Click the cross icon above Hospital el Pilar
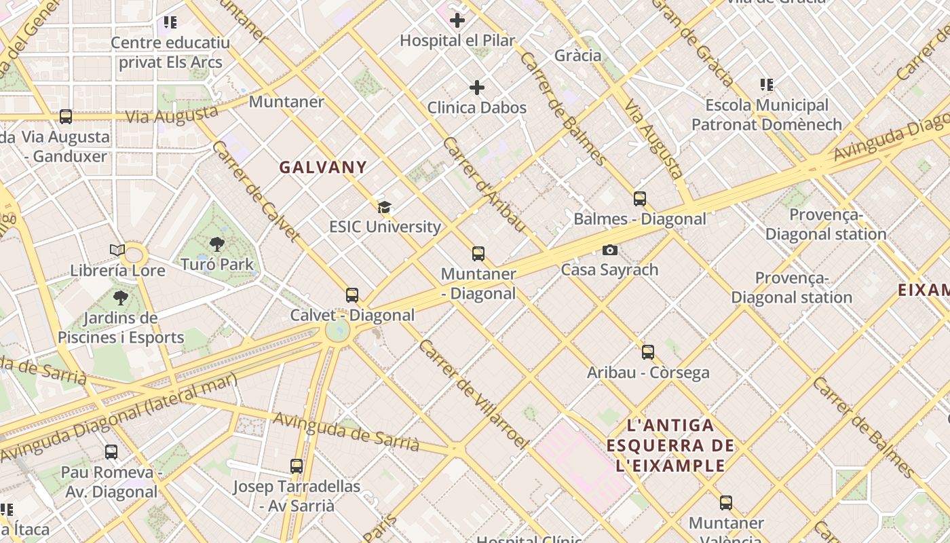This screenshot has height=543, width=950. coord(457,20)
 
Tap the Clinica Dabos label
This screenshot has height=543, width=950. coord(476,107)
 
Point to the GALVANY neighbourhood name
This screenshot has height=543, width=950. coord(323,167)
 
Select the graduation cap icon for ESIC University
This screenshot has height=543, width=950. coord(385,207)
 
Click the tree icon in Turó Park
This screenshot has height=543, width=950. coord(217,244)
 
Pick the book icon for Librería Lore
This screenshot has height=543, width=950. coord(117,250)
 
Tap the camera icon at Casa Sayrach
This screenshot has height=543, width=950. coord(610,250)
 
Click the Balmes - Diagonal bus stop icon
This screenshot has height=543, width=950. coord(640,199)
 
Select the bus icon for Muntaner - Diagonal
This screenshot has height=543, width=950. coord(478,254)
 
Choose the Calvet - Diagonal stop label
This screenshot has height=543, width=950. coord(352,315)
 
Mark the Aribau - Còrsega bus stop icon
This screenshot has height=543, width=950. coord(648,352)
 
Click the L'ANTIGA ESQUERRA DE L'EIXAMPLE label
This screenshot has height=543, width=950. coord(670,445)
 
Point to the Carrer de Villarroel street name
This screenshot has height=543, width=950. coord(473,394)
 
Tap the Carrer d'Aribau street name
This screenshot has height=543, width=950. coord(484,184)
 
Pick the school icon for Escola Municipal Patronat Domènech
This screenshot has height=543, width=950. coord(767,85)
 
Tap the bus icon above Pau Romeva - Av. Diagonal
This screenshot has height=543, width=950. coord(111,451)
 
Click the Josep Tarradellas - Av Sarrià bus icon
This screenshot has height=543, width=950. coord(297,466)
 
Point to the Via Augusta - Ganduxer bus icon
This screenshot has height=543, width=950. coord(66,117)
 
